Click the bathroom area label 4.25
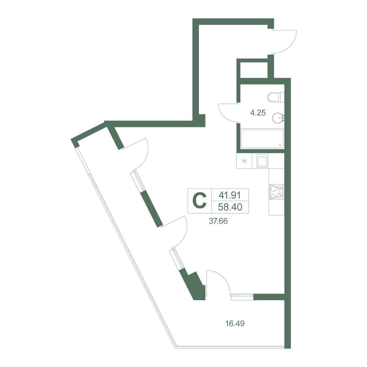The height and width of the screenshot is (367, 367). tap(258, 113)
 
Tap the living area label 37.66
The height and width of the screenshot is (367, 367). tap(218, 221)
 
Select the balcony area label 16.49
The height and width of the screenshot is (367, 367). tap(235, 323)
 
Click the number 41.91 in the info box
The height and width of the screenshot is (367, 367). tap(230, 195)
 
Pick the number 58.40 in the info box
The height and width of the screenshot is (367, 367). tap(230, 207)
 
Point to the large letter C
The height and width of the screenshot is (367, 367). tap(199, 201)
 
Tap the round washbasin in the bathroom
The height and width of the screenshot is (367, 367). tap(278, 118)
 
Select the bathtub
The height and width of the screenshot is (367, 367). tap(262, 139)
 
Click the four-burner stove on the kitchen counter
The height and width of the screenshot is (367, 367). tap(276, 192)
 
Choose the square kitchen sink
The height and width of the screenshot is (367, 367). tap(262, 161)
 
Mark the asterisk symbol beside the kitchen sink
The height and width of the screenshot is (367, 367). tap(244, 161)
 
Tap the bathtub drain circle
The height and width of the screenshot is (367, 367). tap(280, 145)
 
